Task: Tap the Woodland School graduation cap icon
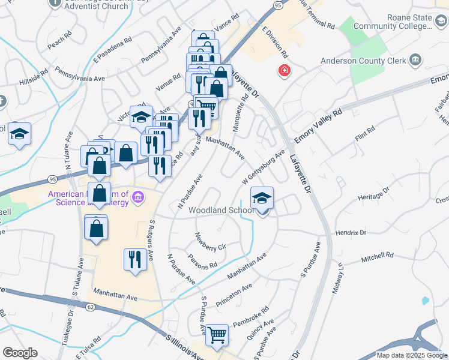point(262,199)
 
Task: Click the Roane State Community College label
point(393,22)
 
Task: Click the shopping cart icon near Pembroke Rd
point(217,335)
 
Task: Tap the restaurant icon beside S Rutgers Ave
point(134,259)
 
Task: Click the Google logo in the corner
point(20,353)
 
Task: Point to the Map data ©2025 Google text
point(412,355)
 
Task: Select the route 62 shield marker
point(91,307)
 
